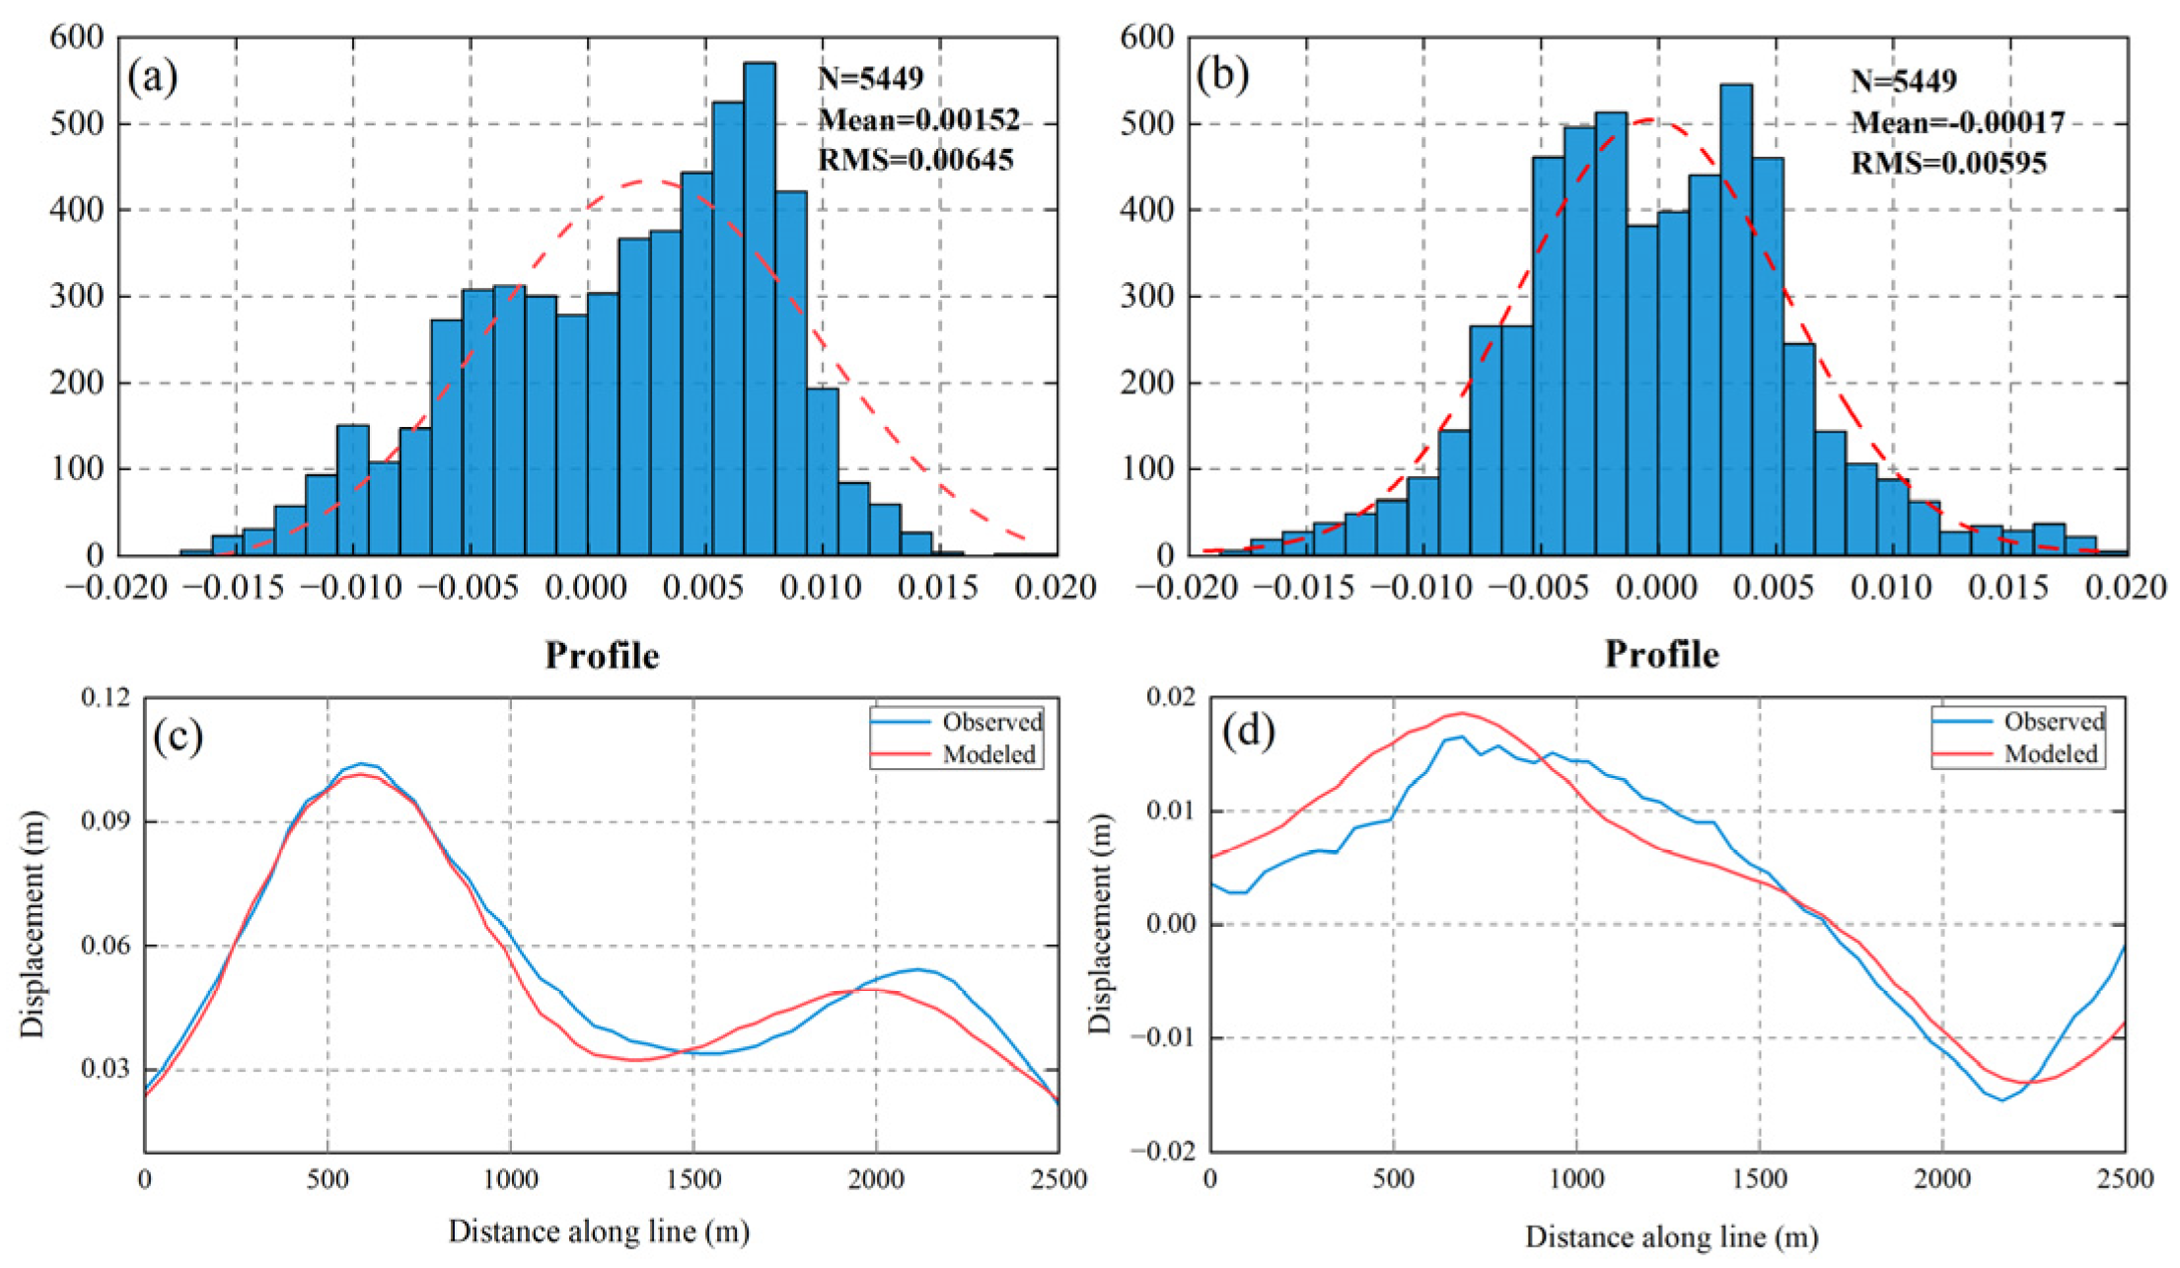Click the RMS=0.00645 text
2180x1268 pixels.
tap(915, 160)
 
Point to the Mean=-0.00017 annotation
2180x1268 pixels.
tap(1957, 122)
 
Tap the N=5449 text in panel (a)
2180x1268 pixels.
tap(870, 78)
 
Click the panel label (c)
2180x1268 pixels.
tap(178, 736)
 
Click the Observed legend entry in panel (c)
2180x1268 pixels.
tap(991, 722)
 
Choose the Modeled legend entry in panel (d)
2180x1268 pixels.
tap(2051, 754)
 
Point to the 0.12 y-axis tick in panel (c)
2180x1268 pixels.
tap(105, 697)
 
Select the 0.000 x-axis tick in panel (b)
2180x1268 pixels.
tap(1657, 588)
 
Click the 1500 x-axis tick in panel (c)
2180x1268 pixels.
tap(693, 1179)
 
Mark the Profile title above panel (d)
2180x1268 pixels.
tap(1661, 655)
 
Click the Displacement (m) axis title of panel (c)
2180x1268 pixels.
tap(33, 924)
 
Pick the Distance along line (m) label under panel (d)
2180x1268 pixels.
tap(1671, 1236)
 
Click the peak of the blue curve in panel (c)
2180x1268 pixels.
tap(363, 763)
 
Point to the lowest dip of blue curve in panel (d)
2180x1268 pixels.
tap(2001, 1099)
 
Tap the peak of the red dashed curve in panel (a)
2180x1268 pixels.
tap(643, 181)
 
